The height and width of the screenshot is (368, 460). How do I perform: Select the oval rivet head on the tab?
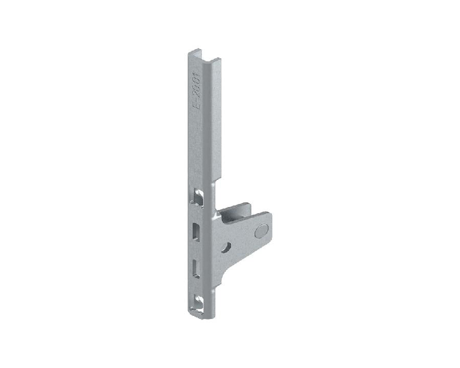click(261, 231)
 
